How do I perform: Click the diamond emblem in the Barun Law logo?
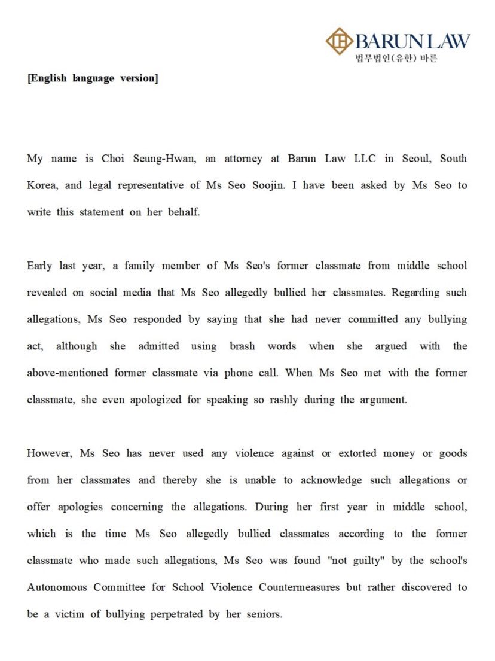(339, 41)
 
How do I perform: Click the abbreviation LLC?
(359, 159)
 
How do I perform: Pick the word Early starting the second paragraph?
(39, 266)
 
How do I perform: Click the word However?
(49, 453)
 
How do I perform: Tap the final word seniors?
(261, 614)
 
